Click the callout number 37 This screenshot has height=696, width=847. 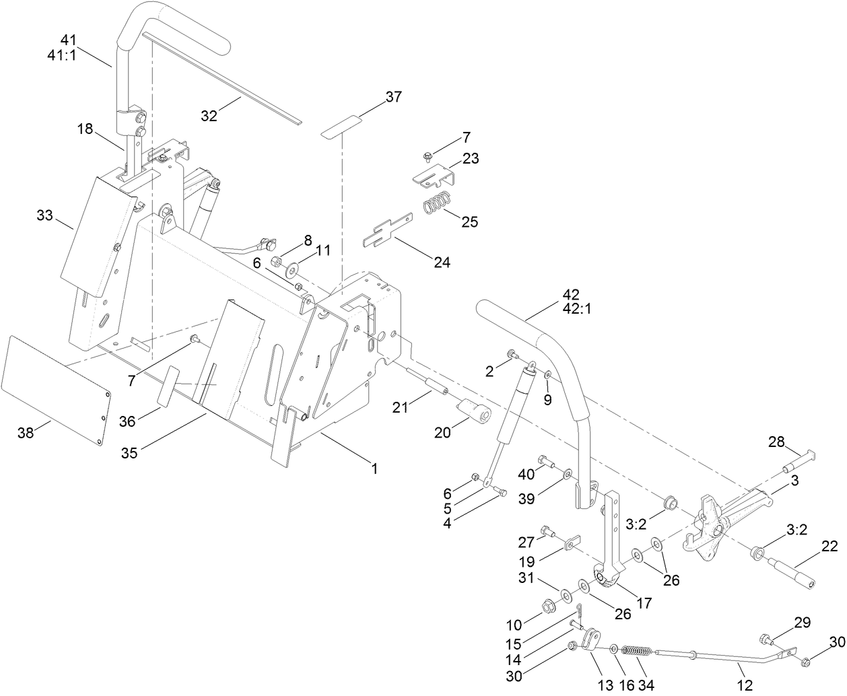click(x=393, y=97)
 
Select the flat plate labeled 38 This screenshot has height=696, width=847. click(x=57, y=389)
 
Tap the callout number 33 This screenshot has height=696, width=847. click(x=45, y=215)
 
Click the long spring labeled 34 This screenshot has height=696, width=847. click(x=636, y=651)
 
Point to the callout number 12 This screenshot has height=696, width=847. click(x=745, y=685)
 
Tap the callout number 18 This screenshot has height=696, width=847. click(x=86, y=128)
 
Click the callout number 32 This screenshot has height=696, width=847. click(x=209, y=115)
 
